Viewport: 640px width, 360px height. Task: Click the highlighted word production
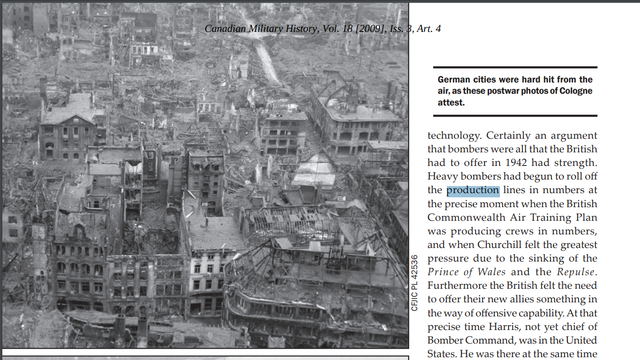point(473,190)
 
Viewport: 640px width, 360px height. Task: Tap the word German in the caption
point(457,79)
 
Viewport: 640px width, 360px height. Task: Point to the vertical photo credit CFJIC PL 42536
point(415,284)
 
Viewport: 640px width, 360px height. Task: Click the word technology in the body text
point(461,135)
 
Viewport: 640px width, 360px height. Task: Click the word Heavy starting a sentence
point(446,176)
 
